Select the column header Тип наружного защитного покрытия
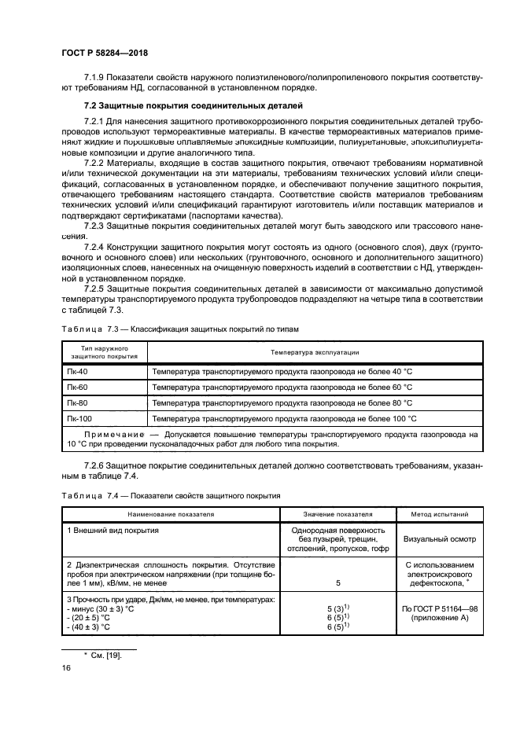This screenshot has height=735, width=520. point(105,351)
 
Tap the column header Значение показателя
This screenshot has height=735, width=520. point(337,514)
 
